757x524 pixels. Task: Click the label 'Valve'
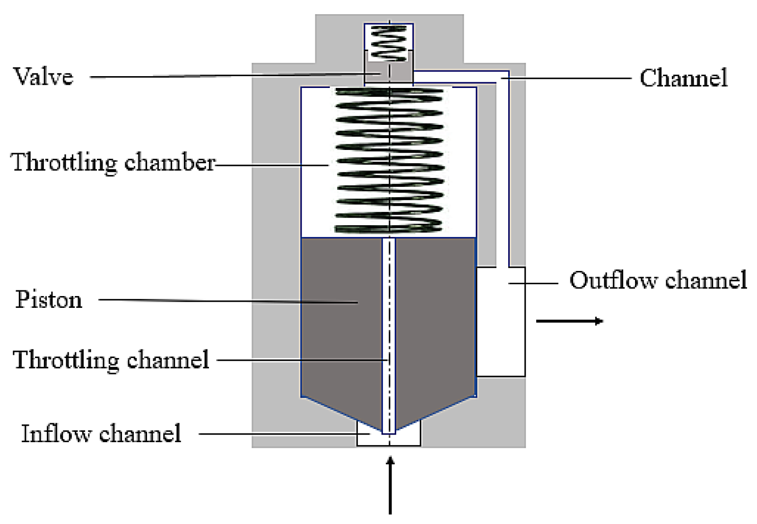pos(43,77)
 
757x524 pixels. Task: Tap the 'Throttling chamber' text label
pos(113,162)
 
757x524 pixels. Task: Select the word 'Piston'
pos(49,300)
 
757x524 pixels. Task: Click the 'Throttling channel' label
pos(111,360)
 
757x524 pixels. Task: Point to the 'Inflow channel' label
pos(101,434)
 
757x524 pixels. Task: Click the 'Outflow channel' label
pos(658,280)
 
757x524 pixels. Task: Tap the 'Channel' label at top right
pos(683,78)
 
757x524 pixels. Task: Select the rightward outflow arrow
pos(569,321)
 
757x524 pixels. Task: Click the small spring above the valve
pos(389,43)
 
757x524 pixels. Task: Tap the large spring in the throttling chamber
pos(389,161)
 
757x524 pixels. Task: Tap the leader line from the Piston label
pos(227,300)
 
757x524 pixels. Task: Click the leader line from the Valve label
pos(227,76)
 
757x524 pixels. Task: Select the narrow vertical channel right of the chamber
pos(502,170)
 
